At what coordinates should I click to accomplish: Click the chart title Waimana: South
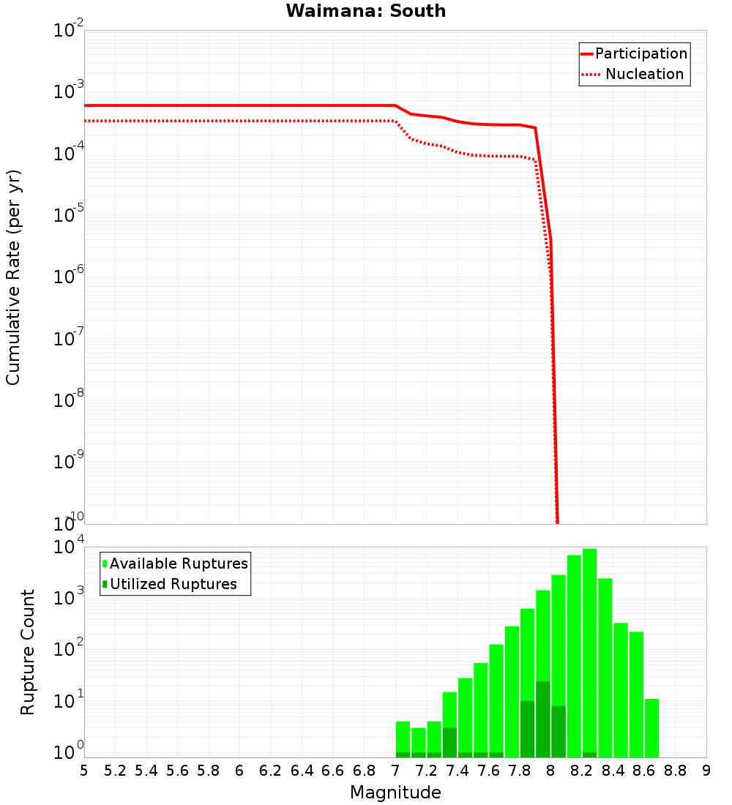[366, 11]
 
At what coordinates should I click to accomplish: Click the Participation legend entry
[640, 53]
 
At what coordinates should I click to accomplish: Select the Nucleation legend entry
[643, 74]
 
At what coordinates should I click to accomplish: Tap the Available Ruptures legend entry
[179, 563]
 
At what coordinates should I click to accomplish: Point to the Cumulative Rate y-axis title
[13, 277]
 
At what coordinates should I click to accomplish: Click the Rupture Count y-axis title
[28, 651]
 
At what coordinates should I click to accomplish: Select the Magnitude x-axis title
[395, 793]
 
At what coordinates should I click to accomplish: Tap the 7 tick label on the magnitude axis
[395, 770]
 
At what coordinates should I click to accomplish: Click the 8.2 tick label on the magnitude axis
[582, 770]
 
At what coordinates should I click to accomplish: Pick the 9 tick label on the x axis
[706, 770]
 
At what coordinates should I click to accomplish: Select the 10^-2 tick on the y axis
[70, 31]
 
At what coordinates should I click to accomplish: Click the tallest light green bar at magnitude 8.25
[589, 651]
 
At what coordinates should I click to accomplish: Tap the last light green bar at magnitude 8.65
[651, 728]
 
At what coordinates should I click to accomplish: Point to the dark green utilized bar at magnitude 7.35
[449, 743]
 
